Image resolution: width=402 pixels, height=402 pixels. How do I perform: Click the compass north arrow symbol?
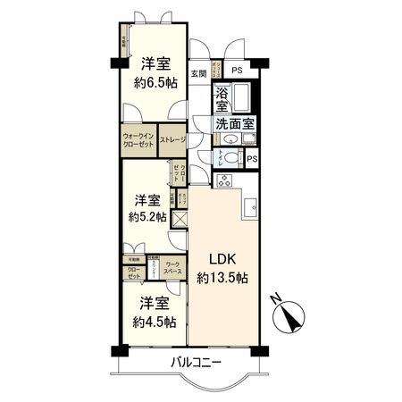[291, 314]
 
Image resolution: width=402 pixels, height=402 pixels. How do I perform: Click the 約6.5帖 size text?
[155, 82]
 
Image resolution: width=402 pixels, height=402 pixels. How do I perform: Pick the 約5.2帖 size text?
[146, 216]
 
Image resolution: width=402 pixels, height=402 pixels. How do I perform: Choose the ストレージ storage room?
[172, 140]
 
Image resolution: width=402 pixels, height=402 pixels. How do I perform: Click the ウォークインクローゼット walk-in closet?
[139, 140]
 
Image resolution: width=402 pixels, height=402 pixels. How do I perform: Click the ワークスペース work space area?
[172, 266]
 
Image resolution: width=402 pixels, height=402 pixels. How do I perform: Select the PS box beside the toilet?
[253, 160]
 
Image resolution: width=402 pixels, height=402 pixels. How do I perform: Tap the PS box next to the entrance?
[236, 71]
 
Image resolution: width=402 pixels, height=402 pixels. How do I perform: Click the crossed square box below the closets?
[179, 220]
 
